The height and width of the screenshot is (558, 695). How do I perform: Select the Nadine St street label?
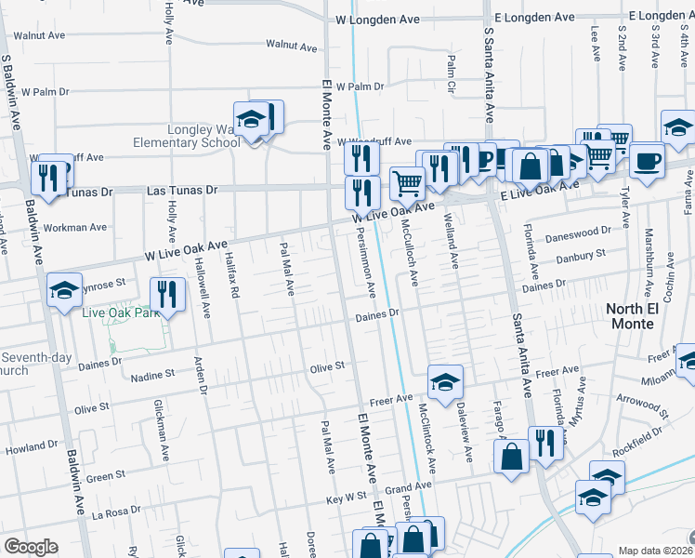tap(153, 374)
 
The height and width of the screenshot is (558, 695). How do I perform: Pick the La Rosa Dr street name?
tap(116, 512)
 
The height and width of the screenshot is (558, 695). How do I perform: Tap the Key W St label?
tap(347, 498)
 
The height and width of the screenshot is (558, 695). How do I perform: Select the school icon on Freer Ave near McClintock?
tap(445, 381)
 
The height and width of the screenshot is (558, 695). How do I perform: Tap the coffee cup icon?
tap(646, 159)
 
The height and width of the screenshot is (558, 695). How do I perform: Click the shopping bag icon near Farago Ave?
tap(511, 457)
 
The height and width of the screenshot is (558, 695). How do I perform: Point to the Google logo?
tap(31, 547)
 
